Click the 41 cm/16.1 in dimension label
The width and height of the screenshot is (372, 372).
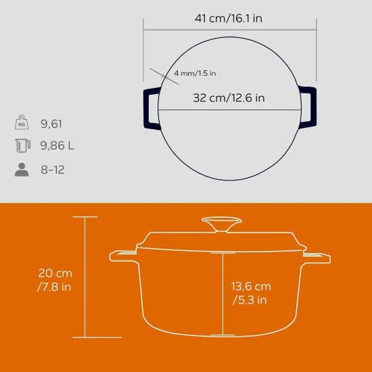point(229,18)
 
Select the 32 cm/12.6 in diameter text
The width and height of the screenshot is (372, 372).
point(229,98)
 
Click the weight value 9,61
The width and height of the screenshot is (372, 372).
point(55,124)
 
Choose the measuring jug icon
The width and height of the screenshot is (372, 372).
point(22,145)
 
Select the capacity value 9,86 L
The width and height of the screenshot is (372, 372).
point(61,145)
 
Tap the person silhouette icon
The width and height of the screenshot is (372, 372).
point(22,168)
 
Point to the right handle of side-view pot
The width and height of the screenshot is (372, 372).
point(317,257)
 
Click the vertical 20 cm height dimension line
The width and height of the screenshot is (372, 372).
point(85,277)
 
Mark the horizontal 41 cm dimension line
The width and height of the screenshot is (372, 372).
point(230,29)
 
